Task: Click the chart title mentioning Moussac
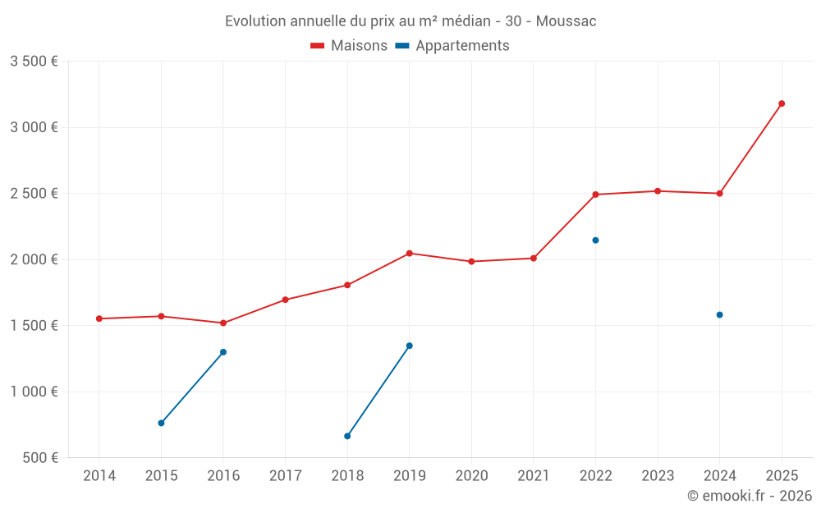coord(410,21)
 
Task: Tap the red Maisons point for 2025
coord(782,103)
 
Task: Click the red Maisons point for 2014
coord(99,318)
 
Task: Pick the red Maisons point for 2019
coord(410,253)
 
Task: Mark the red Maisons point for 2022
coord(595,195)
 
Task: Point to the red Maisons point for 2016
coord(223,323)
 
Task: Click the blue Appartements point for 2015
coord(161,424)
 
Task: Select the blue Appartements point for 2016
coord(223,352)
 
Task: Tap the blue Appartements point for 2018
coord(347,436)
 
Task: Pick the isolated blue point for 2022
coord(595,240)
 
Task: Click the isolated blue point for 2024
coord(719,314)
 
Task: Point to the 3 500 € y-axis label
coord(34,62)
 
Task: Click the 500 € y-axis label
coord(39,458)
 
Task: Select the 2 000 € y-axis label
coord(34,259)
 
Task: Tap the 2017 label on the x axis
coord(285,476)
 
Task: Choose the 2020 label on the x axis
coord(471,476)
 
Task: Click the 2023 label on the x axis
coord(658,476)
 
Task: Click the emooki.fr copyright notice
coord(750,496)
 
